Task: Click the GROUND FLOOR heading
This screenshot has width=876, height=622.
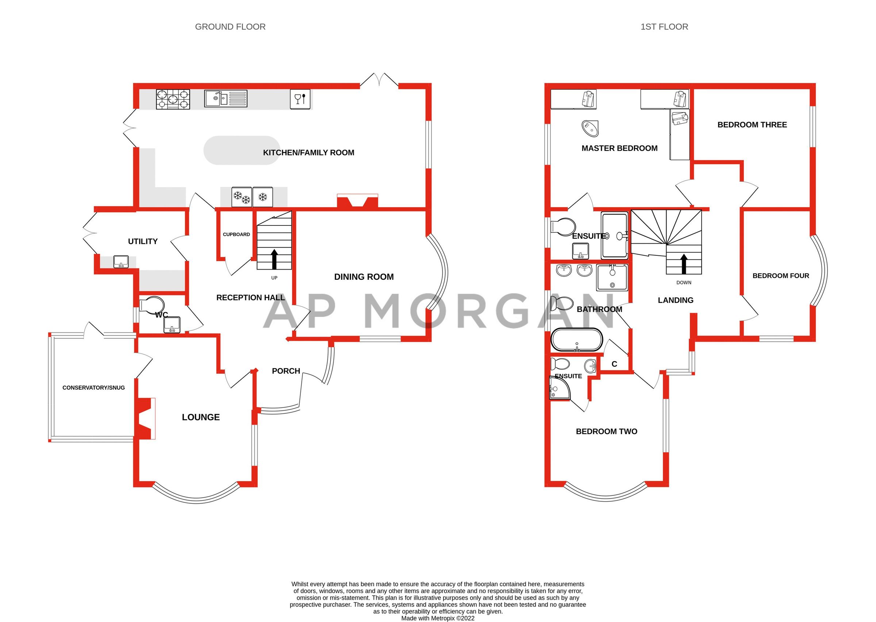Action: point(230,27)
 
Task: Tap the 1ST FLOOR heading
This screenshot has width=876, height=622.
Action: point(664,27)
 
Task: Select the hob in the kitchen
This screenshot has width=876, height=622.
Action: point(173,99)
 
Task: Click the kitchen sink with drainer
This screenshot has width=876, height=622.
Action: point(225,98)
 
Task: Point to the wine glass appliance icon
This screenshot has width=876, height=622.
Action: point(300,99)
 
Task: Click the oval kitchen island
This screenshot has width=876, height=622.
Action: point(241,150)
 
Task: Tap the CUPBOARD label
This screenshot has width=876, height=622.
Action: point(236,235)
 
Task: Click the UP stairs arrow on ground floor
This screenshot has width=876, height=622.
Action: point(274,259)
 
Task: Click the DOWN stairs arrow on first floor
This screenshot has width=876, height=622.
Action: point(684,264)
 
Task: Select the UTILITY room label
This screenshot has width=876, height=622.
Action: point(143,241)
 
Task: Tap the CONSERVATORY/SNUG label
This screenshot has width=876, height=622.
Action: point(93,387)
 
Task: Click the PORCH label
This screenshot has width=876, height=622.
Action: point(286,371)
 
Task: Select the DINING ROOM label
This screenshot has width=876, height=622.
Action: point(364,277)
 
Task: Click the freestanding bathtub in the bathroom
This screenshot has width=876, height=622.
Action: point(576,340)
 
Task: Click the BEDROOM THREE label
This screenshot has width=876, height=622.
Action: point(752,124)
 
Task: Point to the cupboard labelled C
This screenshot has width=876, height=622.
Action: point(614,364)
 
